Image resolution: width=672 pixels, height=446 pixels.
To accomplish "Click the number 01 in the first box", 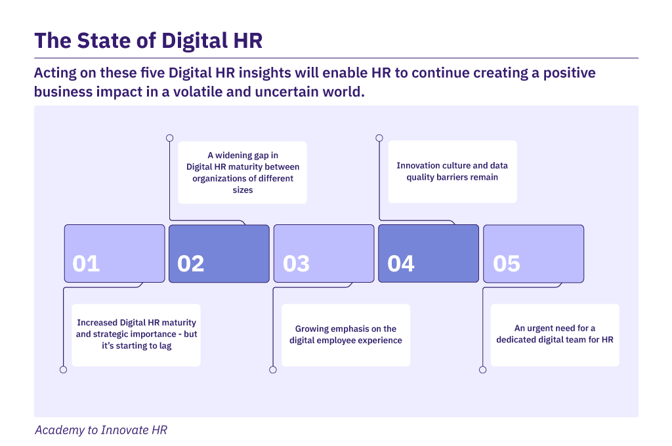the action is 86,264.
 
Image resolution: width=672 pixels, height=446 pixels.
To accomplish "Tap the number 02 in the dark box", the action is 191,264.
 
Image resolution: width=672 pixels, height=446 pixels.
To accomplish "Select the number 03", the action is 296,264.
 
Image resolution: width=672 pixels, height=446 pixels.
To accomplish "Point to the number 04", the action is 401,264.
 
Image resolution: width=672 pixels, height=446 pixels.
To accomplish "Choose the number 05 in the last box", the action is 507,264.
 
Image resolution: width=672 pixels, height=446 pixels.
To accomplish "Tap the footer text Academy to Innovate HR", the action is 101,430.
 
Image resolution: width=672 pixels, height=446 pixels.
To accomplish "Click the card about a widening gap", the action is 243,172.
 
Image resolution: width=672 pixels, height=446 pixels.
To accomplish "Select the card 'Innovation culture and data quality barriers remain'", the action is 453,171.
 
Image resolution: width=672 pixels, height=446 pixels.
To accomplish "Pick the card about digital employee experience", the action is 346,335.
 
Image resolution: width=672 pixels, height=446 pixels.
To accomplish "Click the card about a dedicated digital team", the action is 555,335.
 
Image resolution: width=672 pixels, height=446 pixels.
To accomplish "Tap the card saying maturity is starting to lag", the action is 136,335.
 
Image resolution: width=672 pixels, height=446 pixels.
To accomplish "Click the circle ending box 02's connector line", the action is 170,138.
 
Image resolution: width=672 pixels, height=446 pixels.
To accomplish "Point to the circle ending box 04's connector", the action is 379,138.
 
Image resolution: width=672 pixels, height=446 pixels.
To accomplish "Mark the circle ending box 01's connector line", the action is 64,370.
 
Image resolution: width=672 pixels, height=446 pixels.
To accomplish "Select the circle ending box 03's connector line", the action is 273,370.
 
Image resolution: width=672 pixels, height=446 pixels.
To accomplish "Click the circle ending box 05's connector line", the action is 482,370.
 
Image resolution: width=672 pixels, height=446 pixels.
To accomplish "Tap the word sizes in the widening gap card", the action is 243,190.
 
